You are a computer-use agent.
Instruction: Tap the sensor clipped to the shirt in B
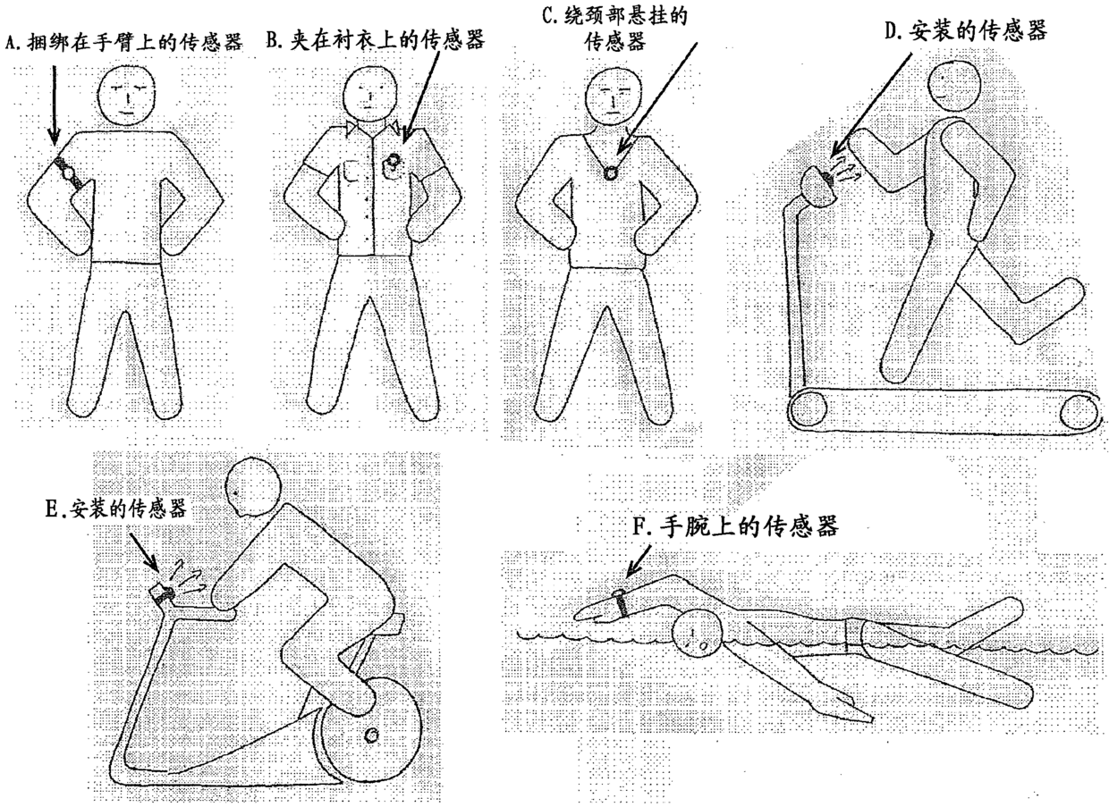pos(394,163)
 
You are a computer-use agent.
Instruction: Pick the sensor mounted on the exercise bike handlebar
pos(164,593)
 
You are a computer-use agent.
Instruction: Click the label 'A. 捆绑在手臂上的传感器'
pos(124,43)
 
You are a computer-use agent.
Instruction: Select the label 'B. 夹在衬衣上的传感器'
pos(376,39)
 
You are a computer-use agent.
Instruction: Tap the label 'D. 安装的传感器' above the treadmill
pos(965,30)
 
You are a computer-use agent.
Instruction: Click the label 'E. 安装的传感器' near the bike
pos(116,509)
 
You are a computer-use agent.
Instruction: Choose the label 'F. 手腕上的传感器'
pos(736,526)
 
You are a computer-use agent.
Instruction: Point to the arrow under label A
pos(54,105)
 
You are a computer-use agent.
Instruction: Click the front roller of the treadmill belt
pos(808,408)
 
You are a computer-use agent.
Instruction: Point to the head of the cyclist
pos(253,486)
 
